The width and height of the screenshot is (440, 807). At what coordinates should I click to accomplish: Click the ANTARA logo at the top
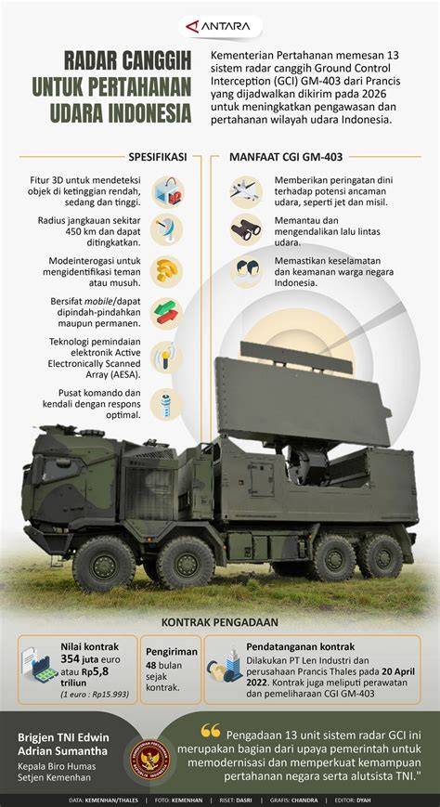click(220, 27)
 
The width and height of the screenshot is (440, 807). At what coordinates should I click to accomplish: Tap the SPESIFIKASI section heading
click(157, 156)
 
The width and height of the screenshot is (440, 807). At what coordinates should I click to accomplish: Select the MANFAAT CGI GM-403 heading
click(286, 156)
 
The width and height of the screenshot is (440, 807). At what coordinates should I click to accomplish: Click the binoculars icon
click(246, 229)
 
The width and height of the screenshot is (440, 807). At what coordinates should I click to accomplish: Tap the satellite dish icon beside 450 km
click(166, 228)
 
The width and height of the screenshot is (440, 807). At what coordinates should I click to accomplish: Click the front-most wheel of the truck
click(105, 563)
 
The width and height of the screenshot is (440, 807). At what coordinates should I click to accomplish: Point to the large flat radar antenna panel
click(303, 400)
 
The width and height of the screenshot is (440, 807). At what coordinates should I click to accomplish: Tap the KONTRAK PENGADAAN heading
click(220, 622)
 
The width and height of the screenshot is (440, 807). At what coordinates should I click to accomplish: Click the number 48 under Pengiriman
click(151, 665)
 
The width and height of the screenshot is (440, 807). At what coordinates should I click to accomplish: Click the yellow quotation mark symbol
click(211, 730)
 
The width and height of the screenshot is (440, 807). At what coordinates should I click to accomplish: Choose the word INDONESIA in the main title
click(147, 112)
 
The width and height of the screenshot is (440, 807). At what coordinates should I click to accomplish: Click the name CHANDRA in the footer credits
click(304, 800)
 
